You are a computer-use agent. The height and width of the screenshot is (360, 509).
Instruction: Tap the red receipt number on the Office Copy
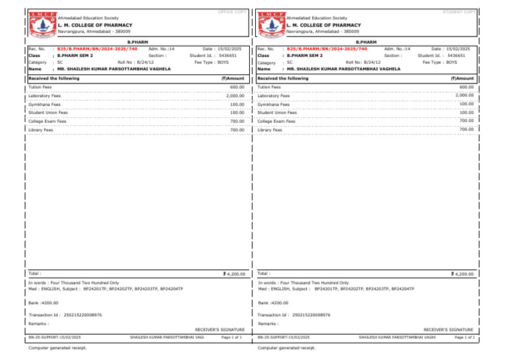pos(97,48)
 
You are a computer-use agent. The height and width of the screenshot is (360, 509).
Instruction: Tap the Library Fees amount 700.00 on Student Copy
pos(467,129)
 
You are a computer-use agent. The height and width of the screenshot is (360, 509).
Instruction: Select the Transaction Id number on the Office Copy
pos(80,315)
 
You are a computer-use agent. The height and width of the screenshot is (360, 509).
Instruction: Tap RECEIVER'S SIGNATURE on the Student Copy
pos(448,329)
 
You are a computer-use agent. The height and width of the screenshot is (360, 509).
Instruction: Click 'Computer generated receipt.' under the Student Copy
pos(286,347)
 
